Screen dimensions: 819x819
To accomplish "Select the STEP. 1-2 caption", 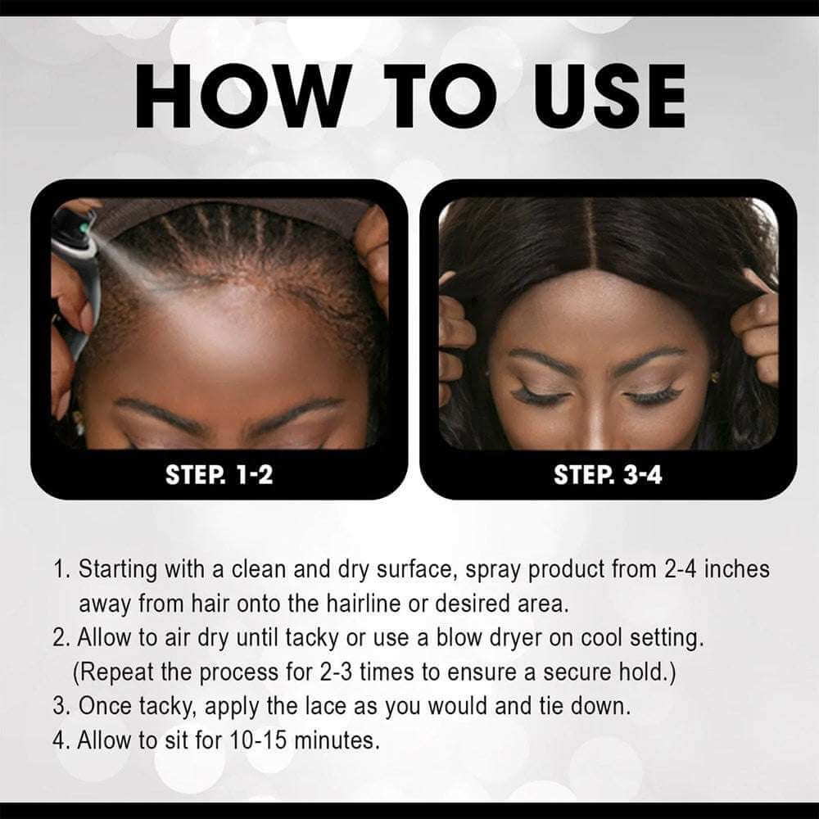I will pyautogui.click(x=219, y=473).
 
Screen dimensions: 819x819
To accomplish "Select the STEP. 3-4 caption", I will pyautogui.click(x=608, y=473).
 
